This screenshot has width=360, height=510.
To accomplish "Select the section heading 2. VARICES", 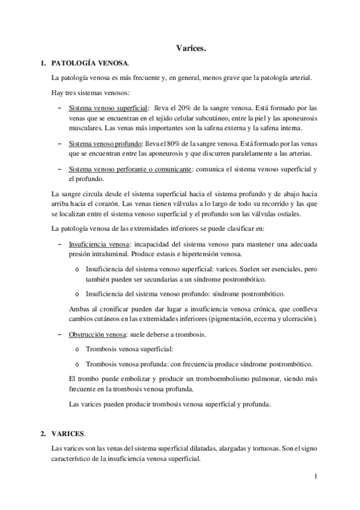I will tap(69, 433).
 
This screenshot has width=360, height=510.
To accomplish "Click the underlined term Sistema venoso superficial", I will tap(108, 108).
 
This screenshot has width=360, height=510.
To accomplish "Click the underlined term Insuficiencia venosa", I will tap(99, 245).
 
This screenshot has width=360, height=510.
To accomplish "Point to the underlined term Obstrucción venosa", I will tap(98, 334).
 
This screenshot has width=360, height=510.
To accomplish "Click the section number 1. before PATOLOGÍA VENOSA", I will tap(43, 63).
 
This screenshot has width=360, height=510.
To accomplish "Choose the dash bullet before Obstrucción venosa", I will tap(59, 334).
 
